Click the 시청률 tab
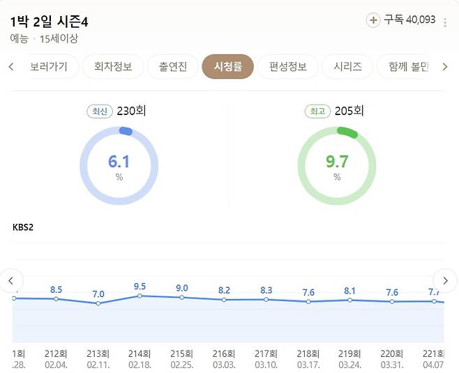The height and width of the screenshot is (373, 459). (x=227, y=67)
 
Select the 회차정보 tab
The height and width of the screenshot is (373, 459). (x=113, y=67)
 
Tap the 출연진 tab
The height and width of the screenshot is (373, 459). (x=173, y=67)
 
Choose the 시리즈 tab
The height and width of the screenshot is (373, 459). (x=347, y=67)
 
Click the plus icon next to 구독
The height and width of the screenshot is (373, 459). (x=373, y=20)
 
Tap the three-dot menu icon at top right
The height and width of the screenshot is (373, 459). (x=445, y=22)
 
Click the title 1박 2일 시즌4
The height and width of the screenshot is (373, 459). (x=54, y=22)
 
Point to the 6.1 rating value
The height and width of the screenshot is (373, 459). (x=119, y=162)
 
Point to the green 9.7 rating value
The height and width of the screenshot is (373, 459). (x=337, y=162)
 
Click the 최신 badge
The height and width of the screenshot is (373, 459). (x=100, y=112)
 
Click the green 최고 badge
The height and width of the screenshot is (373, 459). (x=317, y=112)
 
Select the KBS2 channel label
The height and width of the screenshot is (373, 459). (x=24, y=227)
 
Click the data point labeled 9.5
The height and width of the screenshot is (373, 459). (x=140, y=296)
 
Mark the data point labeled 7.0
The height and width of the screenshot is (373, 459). (x=98, y=303)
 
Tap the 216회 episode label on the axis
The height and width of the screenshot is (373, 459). (x=224, y=353)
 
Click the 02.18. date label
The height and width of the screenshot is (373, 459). (x=140, y=365)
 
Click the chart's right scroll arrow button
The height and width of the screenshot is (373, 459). (x=444, y=280)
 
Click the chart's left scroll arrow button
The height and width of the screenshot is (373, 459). (x=11, y=280)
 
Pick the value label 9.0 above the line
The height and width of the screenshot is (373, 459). (x=182, y=288)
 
